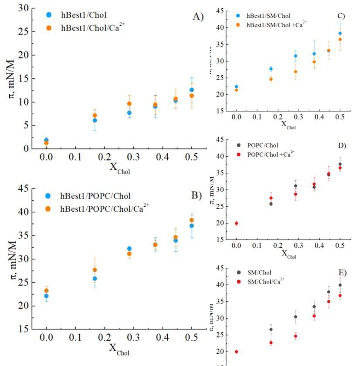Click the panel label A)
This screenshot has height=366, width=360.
198,17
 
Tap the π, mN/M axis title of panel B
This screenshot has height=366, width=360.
12,262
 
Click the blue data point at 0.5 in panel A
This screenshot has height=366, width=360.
192,90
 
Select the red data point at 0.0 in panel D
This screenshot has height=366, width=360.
236,223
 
